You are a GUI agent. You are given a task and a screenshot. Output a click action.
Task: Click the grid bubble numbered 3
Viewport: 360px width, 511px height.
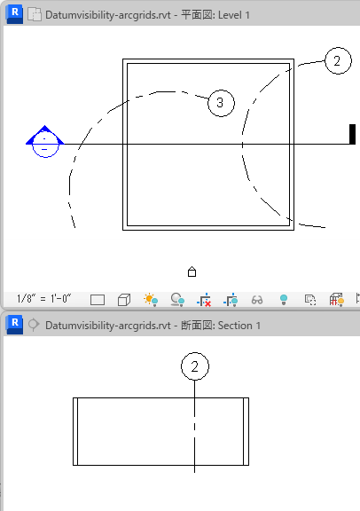pyautogui.click(x=221, y=103)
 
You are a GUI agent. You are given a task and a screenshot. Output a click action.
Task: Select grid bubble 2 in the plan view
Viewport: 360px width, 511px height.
pyautogui.click(x=338, y=60)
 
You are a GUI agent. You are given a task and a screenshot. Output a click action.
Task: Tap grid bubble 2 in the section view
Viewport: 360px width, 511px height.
pyautogui.click(x=195, y=366)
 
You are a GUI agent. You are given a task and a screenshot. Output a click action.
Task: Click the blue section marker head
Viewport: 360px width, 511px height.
pyautogui.click(x=45, y=141)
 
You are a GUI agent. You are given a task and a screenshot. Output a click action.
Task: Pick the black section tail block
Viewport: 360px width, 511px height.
pyautogui.click(x=352, y=134)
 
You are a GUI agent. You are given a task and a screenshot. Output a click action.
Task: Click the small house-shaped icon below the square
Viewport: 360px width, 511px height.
pyautogui.click(x=192, y=271)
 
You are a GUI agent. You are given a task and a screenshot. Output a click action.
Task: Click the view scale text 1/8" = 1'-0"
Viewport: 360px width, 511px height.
pyautogui.click(x=44, y=298)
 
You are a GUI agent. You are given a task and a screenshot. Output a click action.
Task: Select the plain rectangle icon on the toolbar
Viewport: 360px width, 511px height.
pyautogui.click(x=98, y=300)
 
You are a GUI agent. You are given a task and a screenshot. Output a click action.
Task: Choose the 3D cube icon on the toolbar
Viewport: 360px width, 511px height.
pyautogui.click(x=124, y=300)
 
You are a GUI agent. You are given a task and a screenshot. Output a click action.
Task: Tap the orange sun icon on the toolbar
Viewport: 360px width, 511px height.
pyautogui.click(x=151, y=300)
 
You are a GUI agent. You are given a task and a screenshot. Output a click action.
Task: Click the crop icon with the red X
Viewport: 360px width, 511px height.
pyautogui.click(x=204, y=300)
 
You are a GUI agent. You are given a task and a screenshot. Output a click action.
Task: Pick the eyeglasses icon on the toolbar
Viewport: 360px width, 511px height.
pyautogui.click(x=257, y=300)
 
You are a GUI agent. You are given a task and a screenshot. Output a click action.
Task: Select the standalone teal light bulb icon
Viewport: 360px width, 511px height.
pyautogui.click(x=284, y=300)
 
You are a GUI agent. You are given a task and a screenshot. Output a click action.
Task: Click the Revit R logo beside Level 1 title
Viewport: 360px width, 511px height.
pyautogui.click(x=15, y=14)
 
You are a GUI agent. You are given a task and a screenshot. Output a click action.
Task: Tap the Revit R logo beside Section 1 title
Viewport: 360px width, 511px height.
pyautogui.click(x=15, y=325)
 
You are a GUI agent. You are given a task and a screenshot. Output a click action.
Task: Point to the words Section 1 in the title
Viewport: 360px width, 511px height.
pyautogui.click(x=239, y=326)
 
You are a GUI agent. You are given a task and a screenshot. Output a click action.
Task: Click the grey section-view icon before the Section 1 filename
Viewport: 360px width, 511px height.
pyautogui.click(x=34, y=325)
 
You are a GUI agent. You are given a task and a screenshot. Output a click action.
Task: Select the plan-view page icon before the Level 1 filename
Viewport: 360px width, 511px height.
pyautogui.click(x=35, y=15)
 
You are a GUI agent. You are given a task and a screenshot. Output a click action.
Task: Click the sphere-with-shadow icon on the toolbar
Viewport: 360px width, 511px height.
pyautogui.click(x=177, y=300)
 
